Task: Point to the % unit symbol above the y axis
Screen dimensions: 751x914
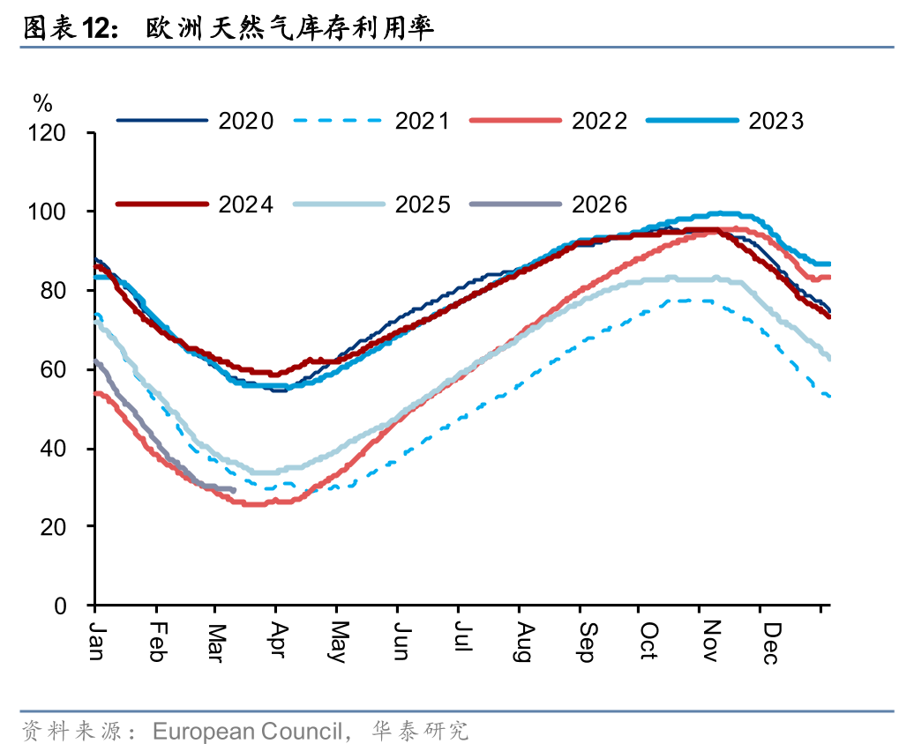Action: pyautogui.click(x=42, y=103)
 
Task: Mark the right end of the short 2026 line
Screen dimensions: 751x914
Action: pyautogui.click(x=234, y=490)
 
